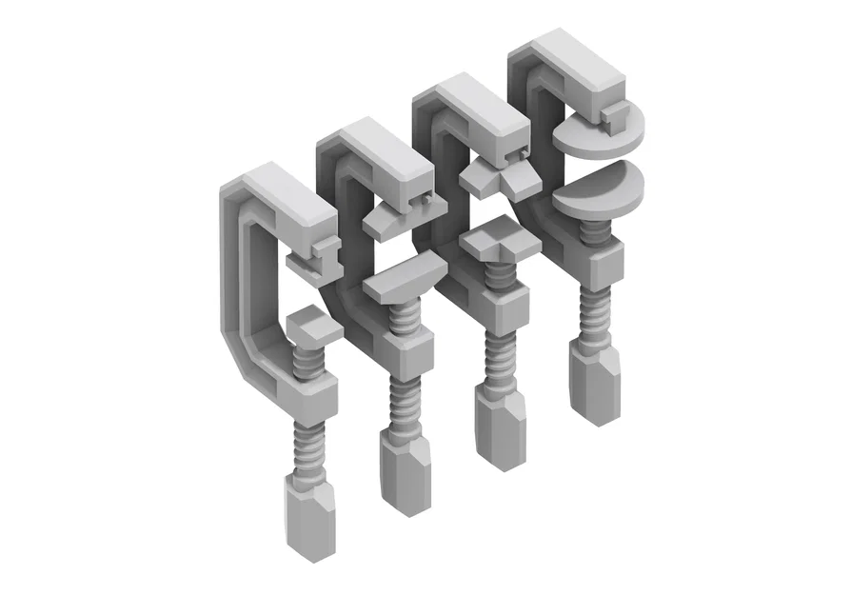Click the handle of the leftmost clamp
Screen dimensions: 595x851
[x=309, y=514]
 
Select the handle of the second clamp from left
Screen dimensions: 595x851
[x=406, y=471]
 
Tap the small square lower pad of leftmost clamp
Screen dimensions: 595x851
[x=312, y=325]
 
